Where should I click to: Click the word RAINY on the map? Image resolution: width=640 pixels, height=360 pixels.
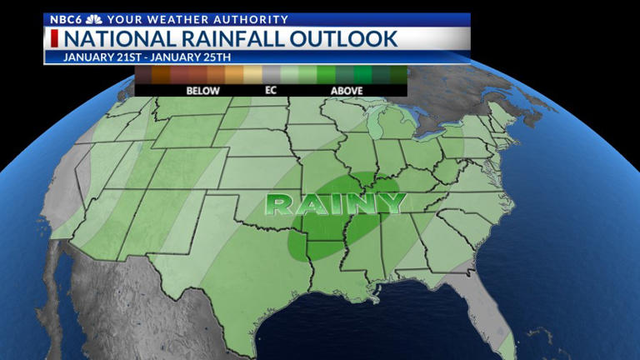pyautogui.click(x=335, y=203)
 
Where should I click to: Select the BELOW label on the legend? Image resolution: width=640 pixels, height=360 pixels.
pyautogui.click(x=202, y=90)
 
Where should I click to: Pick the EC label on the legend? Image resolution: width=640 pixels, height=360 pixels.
pyautogui.click(x=270, y=90)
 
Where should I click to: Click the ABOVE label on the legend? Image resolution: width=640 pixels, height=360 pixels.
pyautogui.click(x=347, y=90)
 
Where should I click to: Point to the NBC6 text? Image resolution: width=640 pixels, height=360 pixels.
pyautogui.click(x=64, y=19)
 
